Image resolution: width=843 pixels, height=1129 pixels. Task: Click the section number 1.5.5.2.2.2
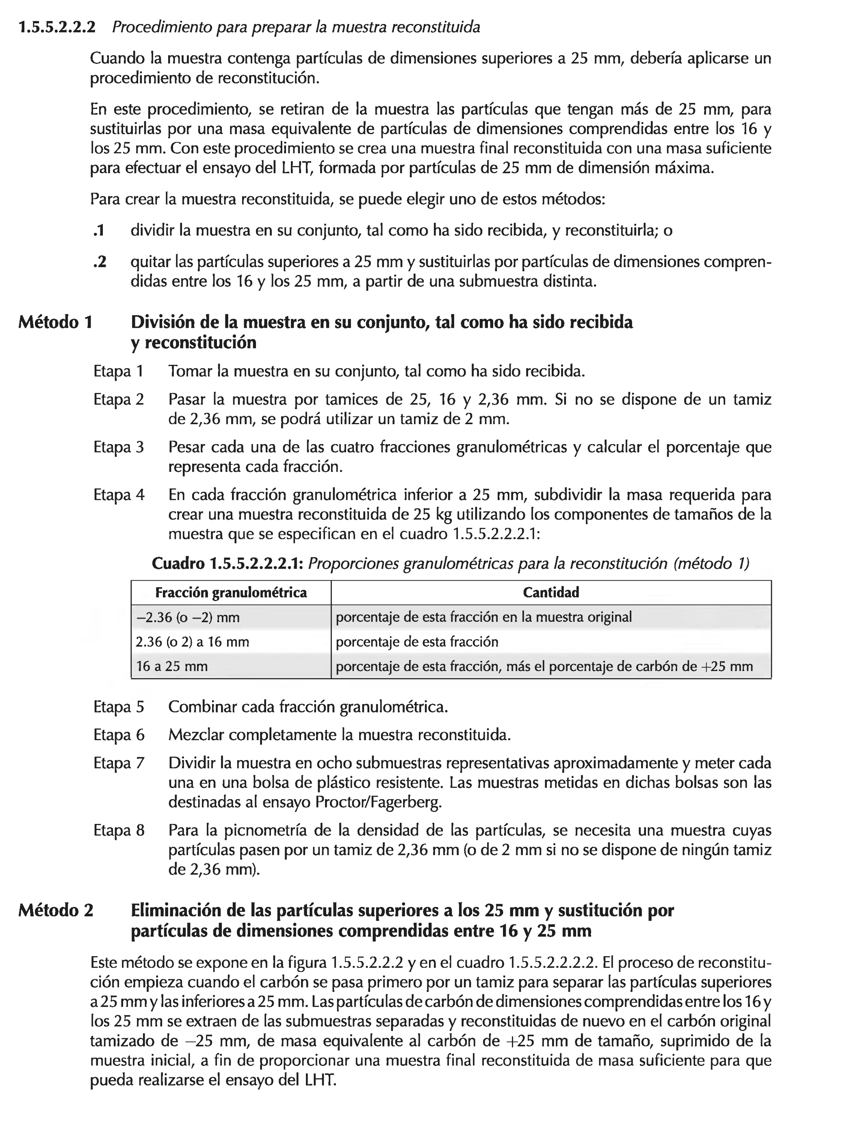[x=56, y=27]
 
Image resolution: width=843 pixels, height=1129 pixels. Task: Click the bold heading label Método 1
[x=56, y=322]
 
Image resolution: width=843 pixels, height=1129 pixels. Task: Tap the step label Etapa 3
[x=119, y=447]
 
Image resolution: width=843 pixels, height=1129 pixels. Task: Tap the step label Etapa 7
[x=119, y=763]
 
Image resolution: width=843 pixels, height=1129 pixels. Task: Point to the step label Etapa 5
[x=119, y=707]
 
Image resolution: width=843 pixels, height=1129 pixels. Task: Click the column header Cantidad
[x=551, y=593]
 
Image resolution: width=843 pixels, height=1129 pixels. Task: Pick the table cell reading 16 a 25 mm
[x=172, y=666]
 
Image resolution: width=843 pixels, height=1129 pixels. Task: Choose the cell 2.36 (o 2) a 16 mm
[x=192, y=642]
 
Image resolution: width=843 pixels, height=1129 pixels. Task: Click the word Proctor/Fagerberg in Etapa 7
[x=378, y=803]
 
